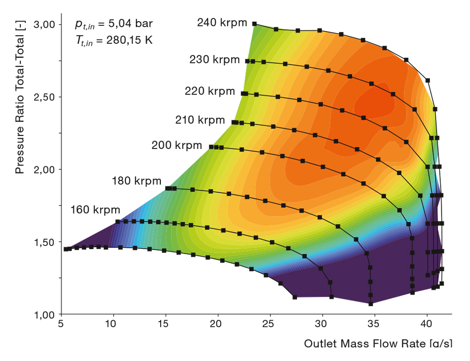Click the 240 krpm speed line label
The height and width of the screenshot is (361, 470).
[222, 23]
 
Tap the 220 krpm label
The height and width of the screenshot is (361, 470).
[210, 91]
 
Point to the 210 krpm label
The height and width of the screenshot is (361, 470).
[200, 120]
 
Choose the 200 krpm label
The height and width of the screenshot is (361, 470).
[177, 145]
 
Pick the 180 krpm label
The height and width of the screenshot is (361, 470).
[137, 180]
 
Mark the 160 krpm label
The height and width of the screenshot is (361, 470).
[95, 210]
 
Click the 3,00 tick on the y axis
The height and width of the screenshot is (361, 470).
[46, 24]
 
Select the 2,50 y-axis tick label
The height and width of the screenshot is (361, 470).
[46, 97]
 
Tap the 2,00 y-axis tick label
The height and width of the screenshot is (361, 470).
[46, 169]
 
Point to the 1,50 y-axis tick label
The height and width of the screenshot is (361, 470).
[46, 242]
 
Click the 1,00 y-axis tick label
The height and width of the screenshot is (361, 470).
[46, 314]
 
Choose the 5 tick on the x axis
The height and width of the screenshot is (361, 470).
[61, 324]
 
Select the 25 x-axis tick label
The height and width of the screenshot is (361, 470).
[268, 324]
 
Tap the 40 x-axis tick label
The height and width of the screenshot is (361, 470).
[427, 324]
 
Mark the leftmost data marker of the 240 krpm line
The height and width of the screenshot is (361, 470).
[254, 24]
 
